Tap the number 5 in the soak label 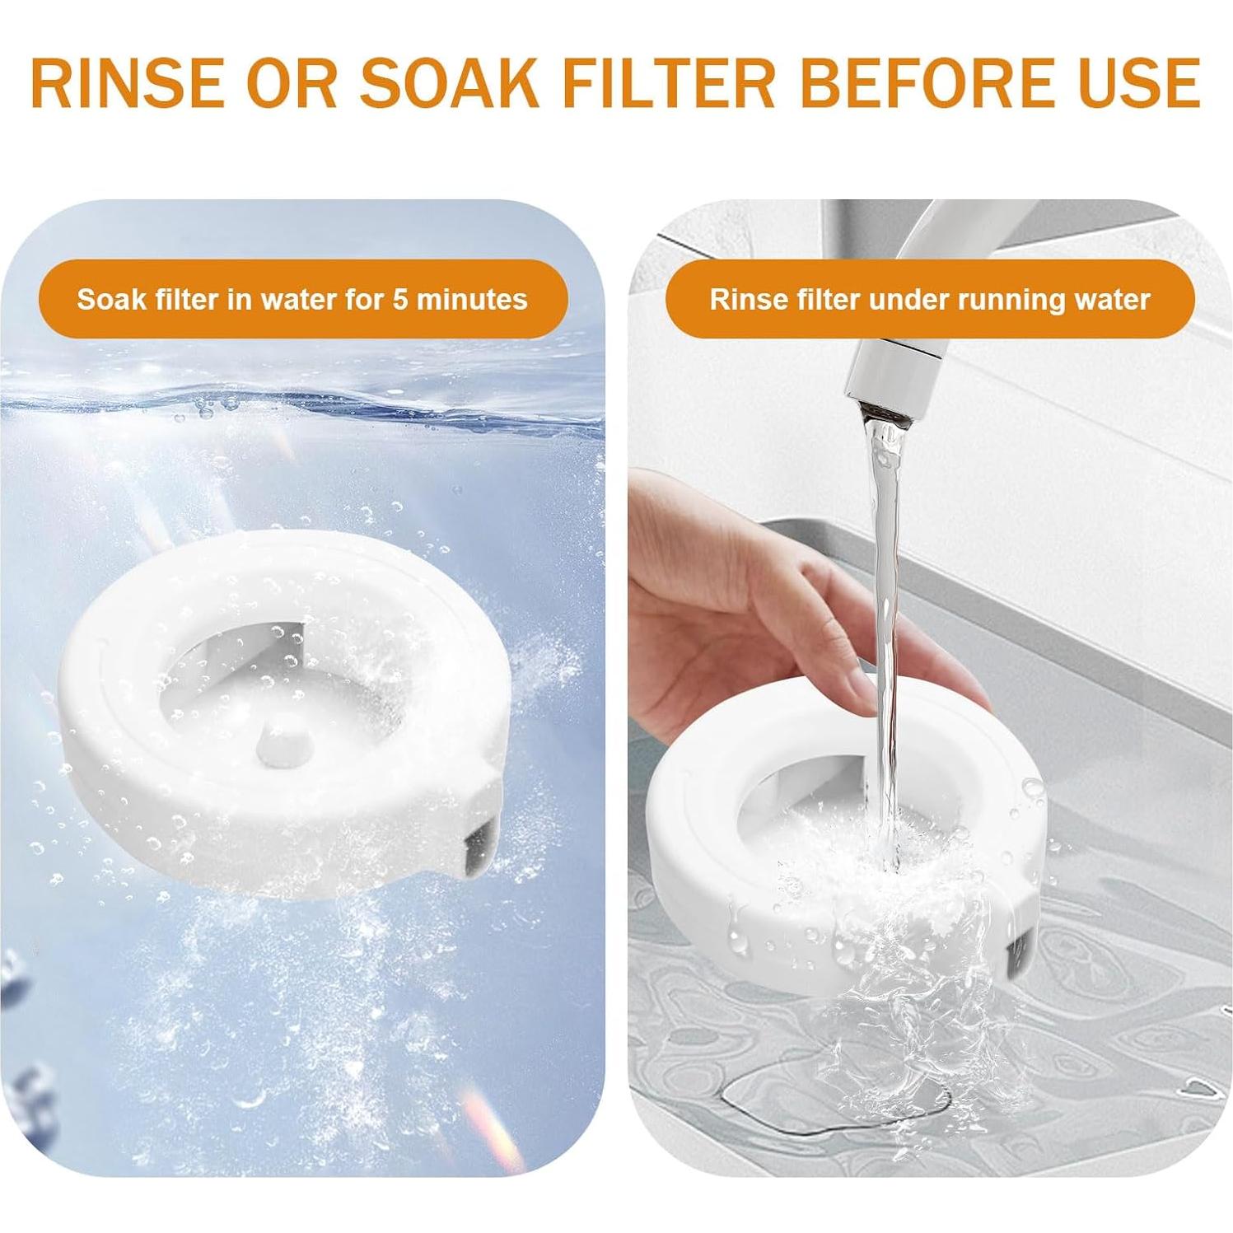click(400, 299)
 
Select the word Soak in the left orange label click(109, 299)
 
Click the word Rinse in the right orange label click(743, 300)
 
